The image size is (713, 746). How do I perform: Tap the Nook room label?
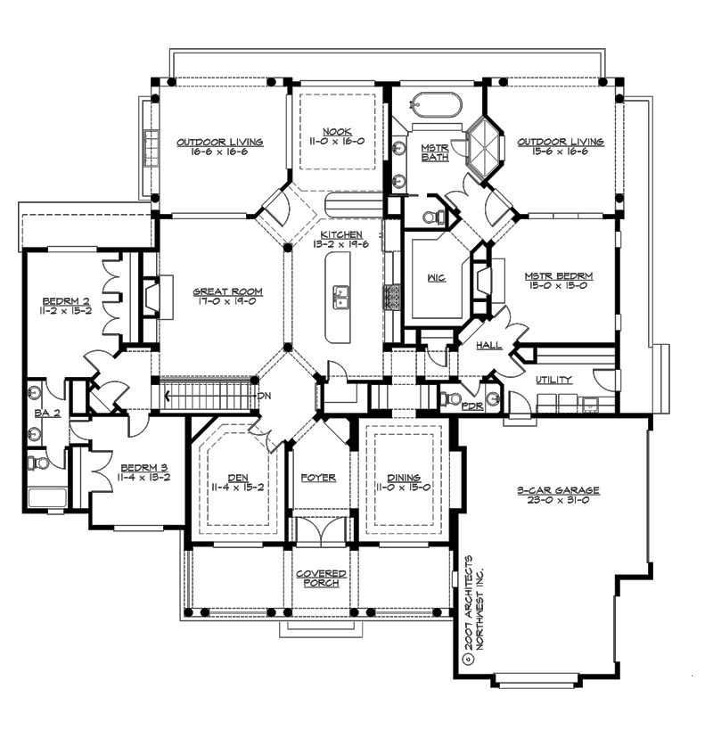click(x=338, y=131)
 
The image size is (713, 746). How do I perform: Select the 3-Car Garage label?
click(x=558, y=490)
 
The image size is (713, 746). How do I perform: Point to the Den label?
click(x=238, y=478)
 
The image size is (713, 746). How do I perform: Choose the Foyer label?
click(x=319, y=478)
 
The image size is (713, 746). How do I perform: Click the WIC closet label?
click(x=437, y=277)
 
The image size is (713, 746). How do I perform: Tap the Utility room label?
click(x=553, y=381)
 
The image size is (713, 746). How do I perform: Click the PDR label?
click(x=472, y=406)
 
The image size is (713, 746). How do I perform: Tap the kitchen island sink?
click(x=340, y=295)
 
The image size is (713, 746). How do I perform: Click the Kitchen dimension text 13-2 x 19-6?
click(x=339, y=246)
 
